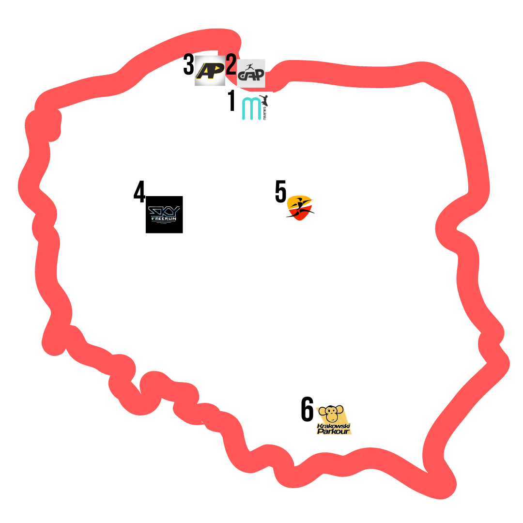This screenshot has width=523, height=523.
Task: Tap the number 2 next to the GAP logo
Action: click(231, 65)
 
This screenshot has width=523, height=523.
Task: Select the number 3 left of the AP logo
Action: click(188, 65)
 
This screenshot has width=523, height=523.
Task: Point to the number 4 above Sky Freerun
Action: click(139, 192)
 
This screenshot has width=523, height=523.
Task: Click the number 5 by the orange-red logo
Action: click(280, 192)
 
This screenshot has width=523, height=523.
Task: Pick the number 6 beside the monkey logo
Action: click(307, 409)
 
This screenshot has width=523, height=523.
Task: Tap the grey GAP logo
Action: click(251, 74)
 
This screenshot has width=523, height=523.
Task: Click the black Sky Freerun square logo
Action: click(164, 215)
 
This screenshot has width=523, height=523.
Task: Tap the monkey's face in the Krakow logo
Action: click(332, 414)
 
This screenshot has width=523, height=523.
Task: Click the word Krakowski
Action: click(333, 426)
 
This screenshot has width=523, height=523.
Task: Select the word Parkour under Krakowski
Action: click(333, 431)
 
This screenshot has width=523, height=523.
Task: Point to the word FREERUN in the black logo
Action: click(164, 219)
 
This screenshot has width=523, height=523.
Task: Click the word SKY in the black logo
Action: click(164, 211)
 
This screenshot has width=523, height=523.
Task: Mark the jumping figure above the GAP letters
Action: click(250, 67)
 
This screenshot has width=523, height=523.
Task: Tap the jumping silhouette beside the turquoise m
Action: click(264, 101)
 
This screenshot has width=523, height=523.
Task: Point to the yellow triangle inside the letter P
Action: click(217, 69)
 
